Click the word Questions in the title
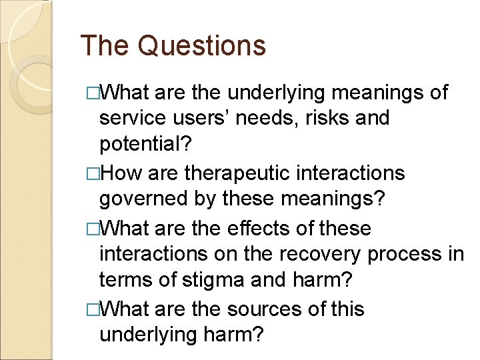click(202, 46)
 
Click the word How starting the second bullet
click(123, 173)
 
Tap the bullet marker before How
click(94, 174)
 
